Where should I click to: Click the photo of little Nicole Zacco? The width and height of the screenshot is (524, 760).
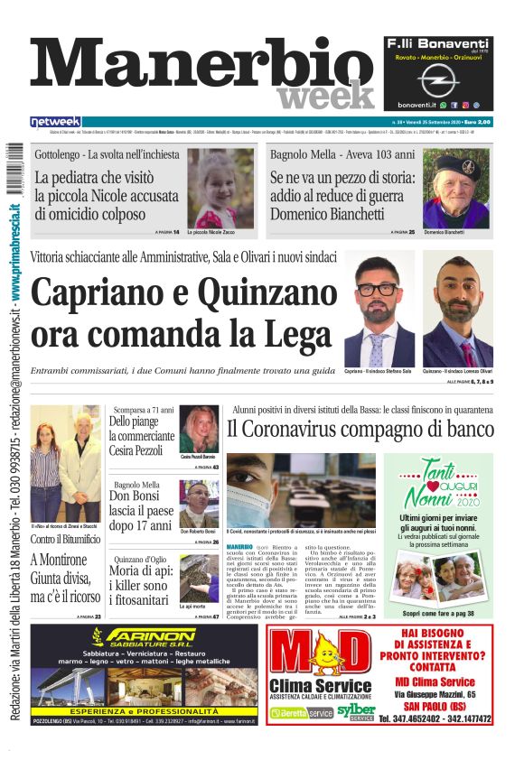pyautogui.click(x=220, y=188)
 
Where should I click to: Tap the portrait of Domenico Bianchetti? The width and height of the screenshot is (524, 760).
pyautogui.click(x=455, y=187)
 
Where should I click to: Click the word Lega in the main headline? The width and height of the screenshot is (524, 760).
pyautogui.click(x=290, y=334)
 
